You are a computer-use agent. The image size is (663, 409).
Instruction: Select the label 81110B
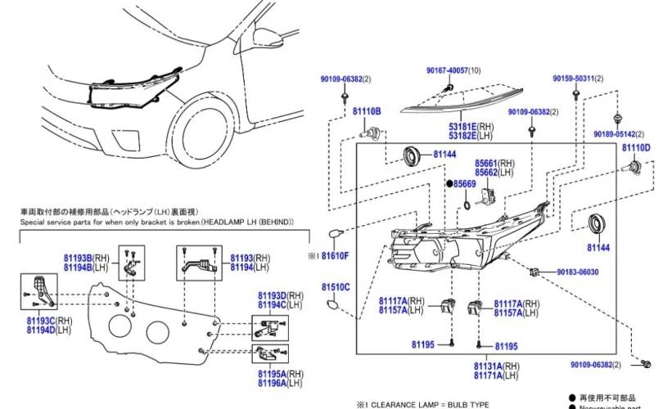(367, 110)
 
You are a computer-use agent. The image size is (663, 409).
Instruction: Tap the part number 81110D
(635, 147)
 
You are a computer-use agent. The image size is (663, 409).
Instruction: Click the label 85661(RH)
(494, 163)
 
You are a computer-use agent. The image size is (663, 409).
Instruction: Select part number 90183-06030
(578, 272)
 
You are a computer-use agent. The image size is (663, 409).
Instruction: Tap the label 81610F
(334, 256)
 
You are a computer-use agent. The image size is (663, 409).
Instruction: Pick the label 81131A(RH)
(497, 366)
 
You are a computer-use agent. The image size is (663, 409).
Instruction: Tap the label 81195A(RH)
(280, 373)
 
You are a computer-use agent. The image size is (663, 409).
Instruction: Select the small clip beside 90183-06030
(534, 271)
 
